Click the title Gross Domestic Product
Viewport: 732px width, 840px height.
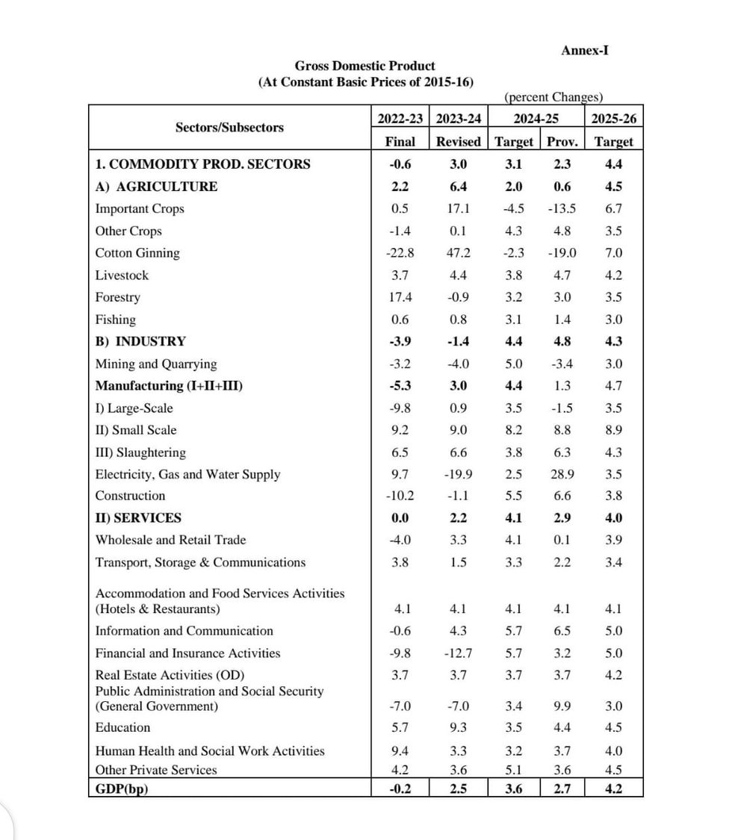coord(365,66)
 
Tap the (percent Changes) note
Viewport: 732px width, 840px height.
coord(553,97)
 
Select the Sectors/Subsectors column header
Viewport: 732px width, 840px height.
coord(229,127)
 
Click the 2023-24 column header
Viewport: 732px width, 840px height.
coord(458,119)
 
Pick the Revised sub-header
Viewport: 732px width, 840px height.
coord(458,141)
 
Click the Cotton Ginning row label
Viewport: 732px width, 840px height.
coord(137,253)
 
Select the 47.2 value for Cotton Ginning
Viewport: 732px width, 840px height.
coord(458,253)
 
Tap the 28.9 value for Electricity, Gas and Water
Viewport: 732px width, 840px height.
coord(562,474)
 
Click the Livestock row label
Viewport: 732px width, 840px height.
coord(122,276)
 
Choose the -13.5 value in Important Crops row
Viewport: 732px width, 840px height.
coord(562,209)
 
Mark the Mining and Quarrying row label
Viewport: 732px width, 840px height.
coord(156,364)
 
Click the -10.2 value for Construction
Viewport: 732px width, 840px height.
coord(400,496)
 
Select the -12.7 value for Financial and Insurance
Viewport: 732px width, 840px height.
coord(458,653)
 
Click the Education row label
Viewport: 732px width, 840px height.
coord(122,728)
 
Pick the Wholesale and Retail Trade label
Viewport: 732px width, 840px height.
coord(170,540)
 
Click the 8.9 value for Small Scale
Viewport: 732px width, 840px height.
coord(614,430)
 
